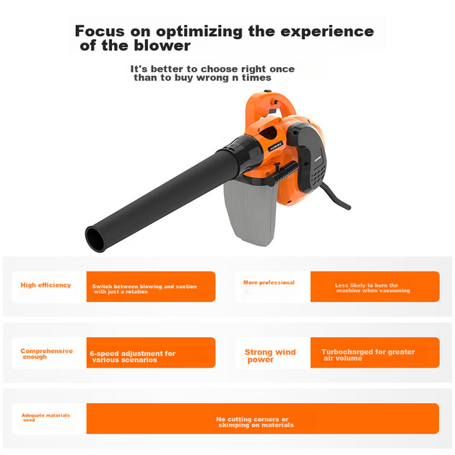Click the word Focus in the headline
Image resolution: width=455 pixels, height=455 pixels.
coord(100,31)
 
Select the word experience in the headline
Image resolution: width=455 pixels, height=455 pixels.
coord(327,32)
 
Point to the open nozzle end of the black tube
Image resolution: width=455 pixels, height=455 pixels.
coord(96,239)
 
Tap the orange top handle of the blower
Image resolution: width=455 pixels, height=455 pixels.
coord(270,105)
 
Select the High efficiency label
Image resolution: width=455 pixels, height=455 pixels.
coord(45,285)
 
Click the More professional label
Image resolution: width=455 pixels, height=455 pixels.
coord(269,282)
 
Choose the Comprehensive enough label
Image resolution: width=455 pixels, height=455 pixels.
coord(46,354)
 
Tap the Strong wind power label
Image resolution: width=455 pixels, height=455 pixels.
coord(270,356)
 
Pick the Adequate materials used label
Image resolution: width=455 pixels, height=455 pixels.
coord(45,417)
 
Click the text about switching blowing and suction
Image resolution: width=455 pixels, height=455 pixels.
coord(144,289)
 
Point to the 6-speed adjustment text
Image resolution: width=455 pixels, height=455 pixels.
coord(133,357)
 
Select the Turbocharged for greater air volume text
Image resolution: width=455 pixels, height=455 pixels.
coord(368,355)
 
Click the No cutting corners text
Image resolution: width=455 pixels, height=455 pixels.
coord(255,422)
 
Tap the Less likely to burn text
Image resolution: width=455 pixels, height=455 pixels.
coord(372,288)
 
